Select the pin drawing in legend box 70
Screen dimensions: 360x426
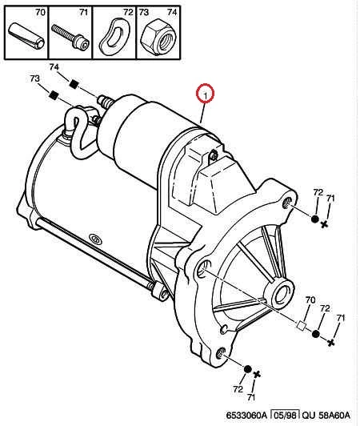click(x=26, y=35)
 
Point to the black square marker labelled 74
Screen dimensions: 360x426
click(x=74, y=84)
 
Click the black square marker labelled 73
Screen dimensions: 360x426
click(x=54, y=94)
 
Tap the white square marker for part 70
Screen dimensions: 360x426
click(x=301, y=325)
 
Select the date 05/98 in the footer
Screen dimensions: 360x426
click(x=286, y=415)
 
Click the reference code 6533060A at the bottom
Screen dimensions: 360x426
click(x=246, y=416)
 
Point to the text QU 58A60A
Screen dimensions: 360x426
click(x=326, y=416)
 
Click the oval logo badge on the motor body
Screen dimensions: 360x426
click(x=95, y=239)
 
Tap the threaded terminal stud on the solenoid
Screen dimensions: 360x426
click(x=106, y=102)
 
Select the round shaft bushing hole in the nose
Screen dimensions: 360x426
click(x=282, y=294)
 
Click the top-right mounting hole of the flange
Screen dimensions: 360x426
click(x=288, y=203)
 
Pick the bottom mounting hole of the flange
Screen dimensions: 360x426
click(x=222, y=354)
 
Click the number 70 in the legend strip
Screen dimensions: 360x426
click(x=41, y=13)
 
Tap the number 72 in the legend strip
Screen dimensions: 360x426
click(x=128, y=12)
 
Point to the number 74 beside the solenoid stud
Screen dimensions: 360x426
click(x=54, y=67)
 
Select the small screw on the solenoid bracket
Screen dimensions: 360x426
click(x=214, y=155)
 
